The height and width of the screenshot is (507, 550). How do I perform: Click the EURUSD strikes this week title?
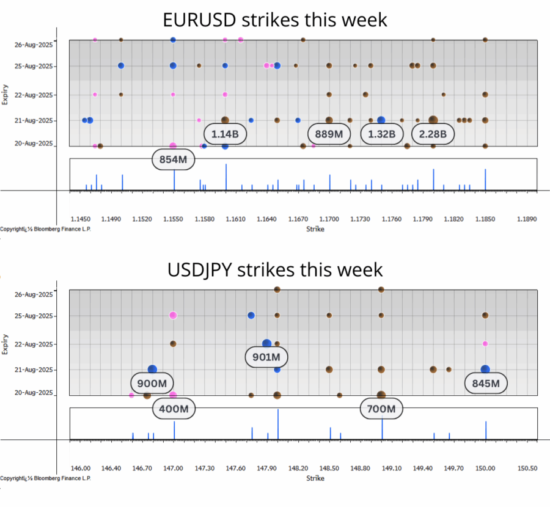tap(275, 20)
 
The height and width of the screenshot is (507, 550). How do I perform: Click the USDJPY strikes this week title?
tap(275, 269)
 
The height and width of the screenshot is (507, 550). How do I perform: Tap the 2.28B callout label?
tap(433, 134)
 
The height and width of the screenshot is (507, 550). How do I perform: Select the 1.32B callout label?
tap(381, 134)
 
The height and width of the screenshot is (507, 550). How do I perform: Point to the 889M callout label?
tap(329, 134)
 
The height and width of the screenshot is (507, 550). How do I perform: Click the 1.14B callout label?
tap(225, 134)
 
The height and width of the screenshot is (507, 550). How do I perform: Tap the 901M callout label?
tap(266, 357)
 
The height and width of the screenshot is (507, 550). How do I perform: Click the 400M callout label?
tap(174, 408)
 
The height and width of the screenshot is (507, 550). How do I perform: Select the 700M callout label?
tap(381, 408)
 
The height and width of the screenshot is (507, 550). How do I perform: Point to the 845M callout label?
tap(486, 383)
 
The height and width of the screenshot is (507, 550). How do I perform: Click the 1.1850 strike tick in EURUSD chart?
tap(485, 218)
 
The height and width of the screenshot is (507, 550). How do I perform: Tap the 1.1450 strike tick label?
tap(81, 218)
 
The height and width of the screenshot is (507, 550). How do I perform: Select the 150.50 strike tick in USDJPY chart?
tap(526, 468)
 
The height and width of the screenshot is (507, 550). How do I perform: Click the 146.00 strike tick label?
tap(81, 468)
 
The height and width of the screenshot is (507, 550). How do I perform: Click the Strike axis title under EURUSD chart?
tap(315, 229)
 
